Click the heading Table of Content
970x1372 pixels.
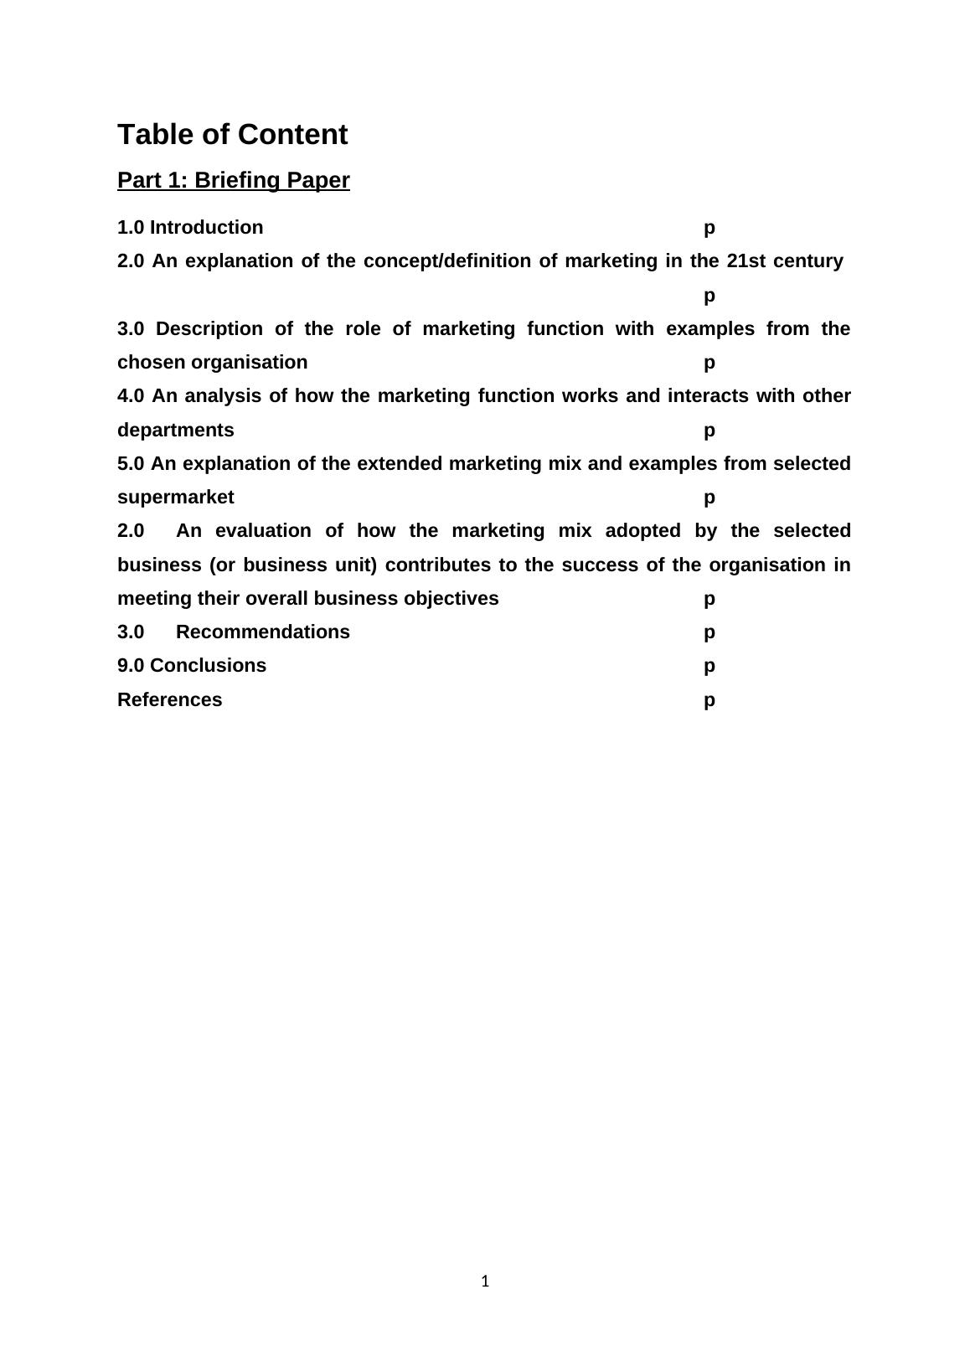click(232, 135)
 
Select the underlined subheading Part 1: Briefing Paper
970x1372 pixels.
click(233, 180)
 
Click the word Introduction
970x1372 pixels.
click(206, 228)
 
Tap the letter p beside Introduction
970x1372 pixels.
click(709, 229)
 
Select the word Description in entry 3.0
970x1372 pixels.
click(209, 328)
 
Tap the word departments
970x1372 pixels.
click(176, 431)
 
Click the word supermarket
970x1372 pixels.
click(176, 498)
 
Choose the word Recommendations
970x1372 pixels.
click(263, 632)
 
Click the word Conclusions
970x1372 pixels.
click(208, 666)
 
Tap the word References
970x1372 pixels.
click(170, 700)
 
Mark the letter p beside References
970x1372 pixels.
click(709, 701)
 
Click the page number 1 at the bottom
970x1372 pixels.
click(485, 1281)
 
